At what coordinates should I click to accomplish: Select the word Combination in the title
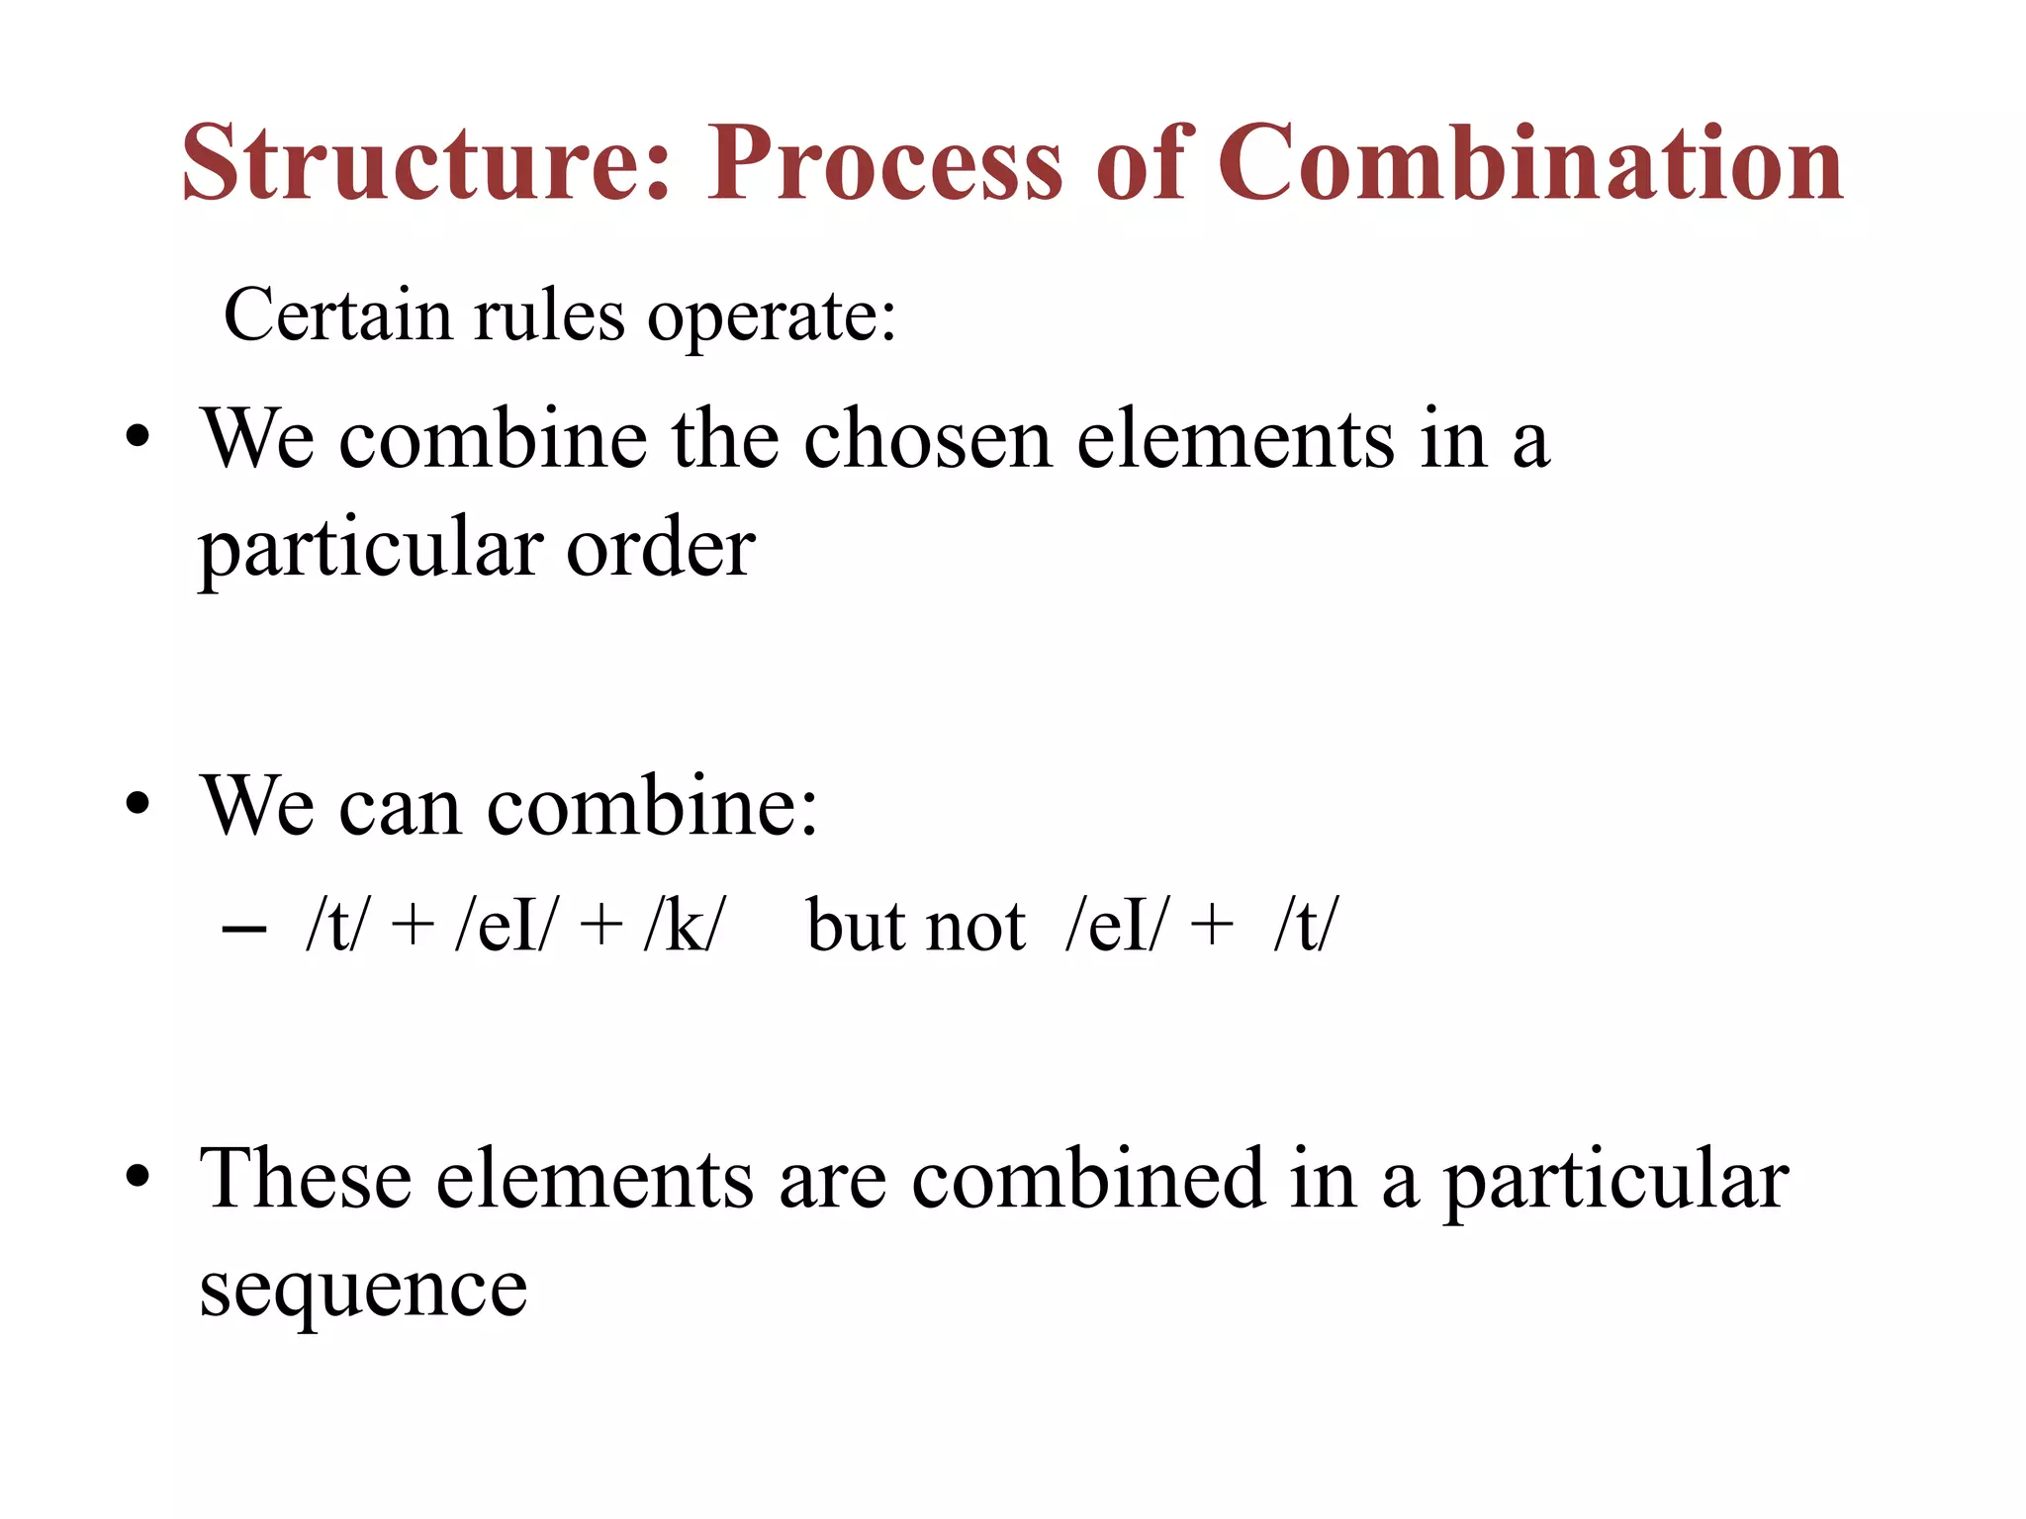click(1529, 163)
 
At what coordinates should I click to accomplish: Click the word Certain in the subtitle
click(337, 316)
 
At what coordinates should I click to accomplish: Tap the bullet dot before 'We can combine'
click(138, 805)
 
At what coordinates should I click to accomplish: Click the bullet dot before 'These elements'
click(138, 1177)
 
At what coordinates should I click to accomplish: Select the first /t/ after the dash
click(335, 926)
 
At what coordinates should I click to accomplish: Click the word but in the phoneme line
click(855, 926)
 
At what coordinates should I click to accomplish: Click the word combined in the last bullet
click(1087, 1179)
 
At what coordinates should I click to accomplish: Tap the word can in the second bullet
click(400, 807)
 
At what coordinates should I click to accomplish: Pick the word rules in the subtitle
click(549, 316)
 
